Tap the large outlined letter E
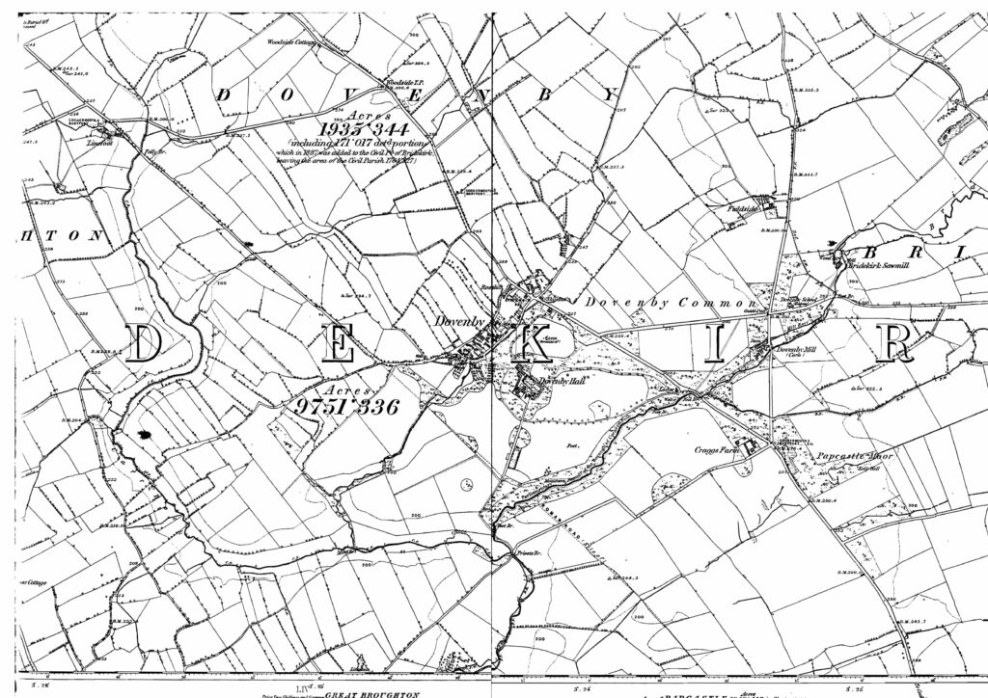[x=339, y=344]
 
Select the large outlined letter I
[x=714, y=344]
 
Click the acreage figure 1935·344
[x=367, y=128]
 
